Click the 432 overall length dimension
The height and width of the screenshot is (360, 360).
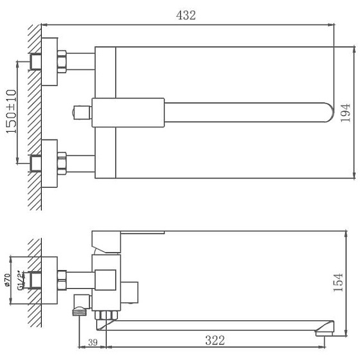point(186,15)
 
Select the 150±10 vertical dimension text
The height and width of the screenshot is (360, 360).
point(12,111)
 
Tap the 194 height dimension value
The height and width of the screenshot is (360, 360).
point(345,113)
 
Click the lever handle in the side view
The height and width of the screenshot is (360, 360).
point(129,237)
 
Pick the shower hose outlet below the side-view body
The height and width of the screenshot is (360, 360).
point(79,310)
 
